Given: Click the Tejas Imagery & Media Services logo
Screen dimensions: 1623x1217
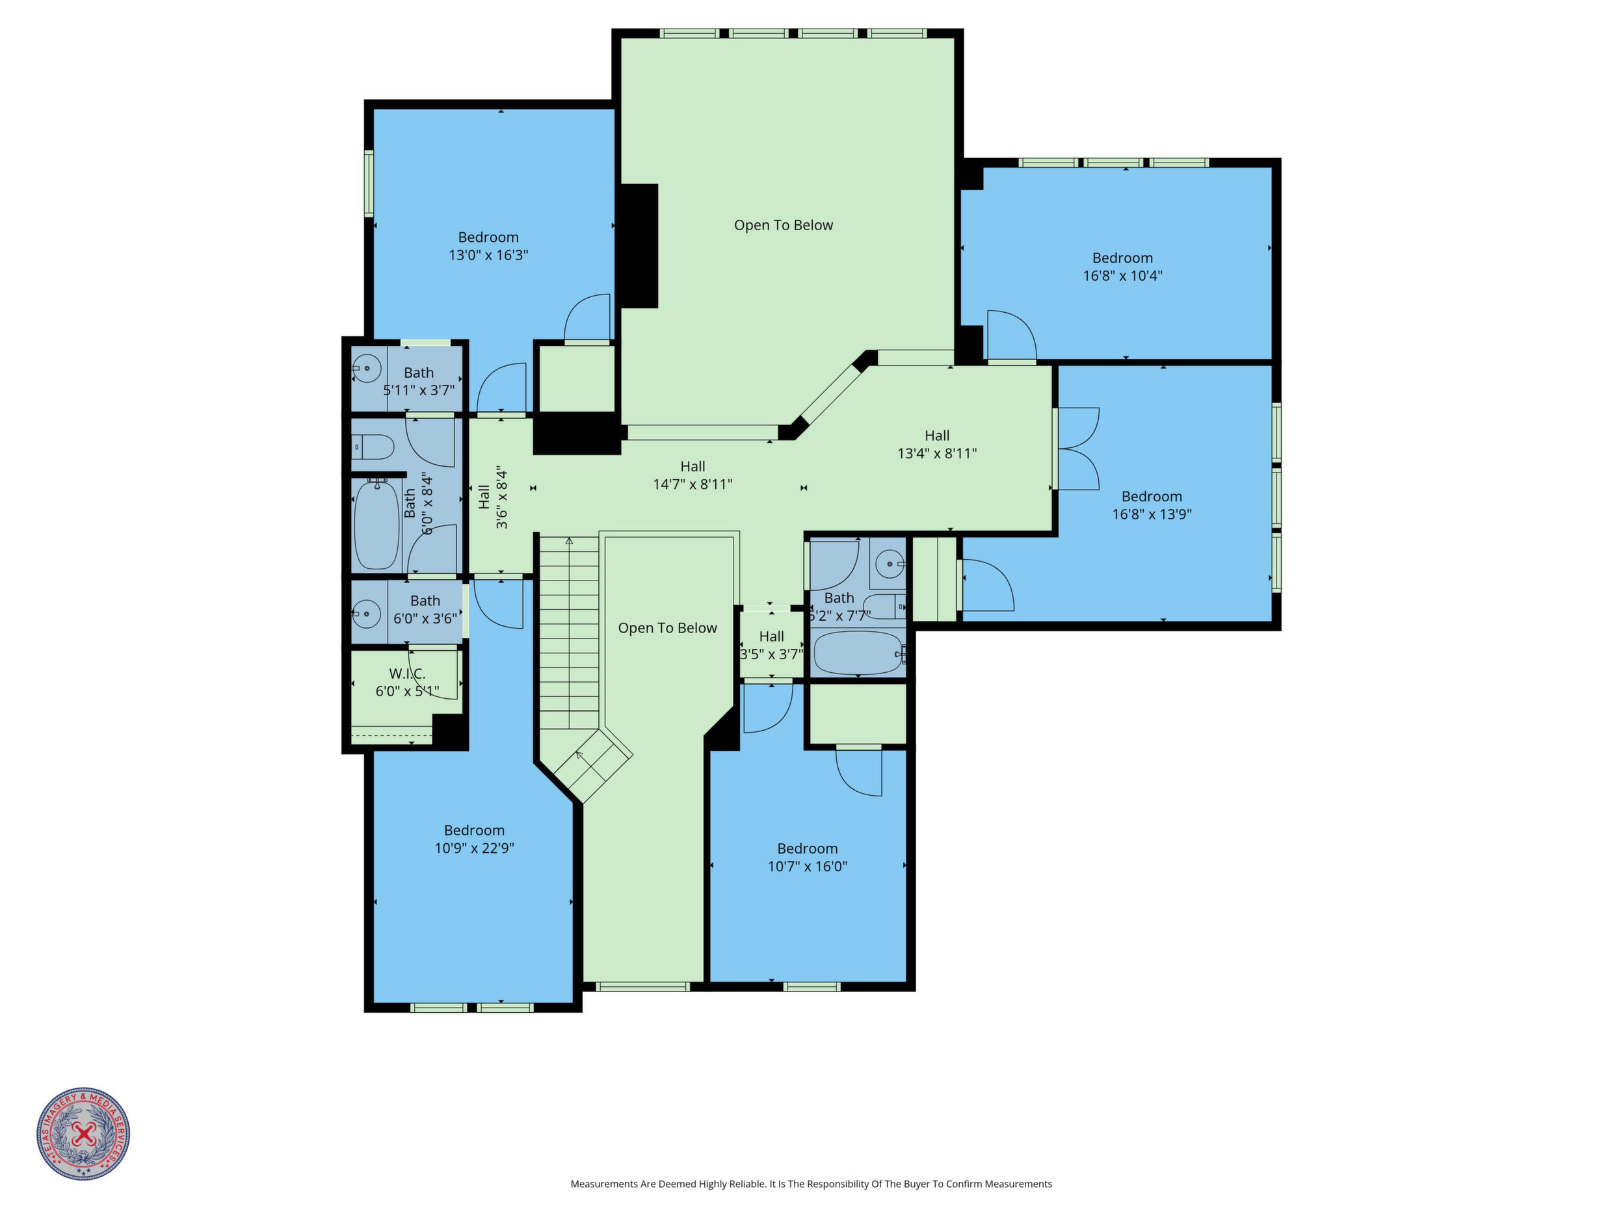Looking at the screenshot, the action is [x=84, y=1133].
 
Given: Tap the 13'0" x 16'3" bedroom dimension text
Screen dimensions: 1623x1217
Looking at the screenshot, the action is [x=489, y=255].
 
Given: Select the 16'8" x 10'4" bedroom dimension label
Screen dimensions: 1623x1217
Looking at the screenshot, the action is [x=1122, y=276].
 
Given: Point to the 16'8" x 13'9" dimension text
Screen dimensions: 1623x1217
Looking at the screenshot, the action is [x=1152, y=514].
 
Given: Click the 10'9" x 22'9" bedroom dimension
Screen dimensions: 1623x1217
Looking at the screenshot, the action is [x=474, y=848].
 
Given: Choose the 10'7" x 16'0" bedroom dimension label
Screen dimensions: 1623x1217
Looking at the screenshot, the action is [x=807, y=867].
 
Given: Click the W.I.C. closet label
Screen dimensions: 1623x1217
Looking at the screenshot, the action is [x=407, y=674].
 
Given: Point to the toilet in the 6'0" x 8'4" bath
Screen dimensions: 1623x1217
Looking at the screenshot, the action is [x=373, y=446].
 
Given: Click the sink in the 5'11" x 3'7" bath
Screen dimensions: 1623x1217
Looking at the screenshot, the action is [x=367, y=368].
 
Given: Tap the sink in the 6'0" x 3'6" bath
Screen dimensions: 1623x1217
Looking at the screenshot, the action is [x=367, y=612].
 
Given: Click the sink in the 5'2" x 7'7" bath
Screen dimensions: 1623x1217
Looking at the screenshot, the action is [x=891, y=564].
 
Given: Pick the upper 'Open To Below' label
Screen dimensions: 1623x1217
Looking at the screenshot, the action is [x=784, y=225].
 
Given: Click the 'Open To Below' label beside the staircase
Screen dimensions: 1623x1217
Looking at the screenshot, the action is [x=668, y=628].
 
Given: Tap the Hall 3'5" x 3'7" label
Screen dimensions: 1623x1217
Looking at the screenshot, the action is [x=771, y=646].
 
